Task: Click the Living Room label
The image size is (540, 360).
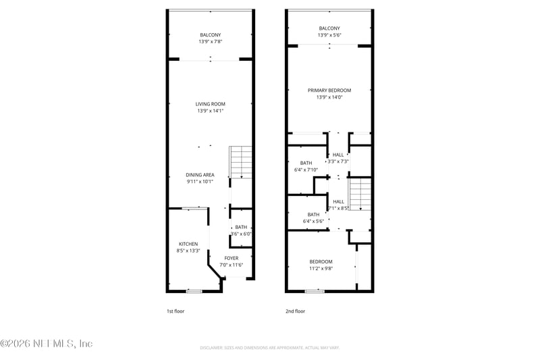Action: click(x=210, y=104)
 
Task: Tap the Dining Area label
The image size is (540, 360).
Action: click(x=200, y=175)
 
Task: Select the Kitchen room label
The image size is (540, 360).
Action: click(x=188, y=244)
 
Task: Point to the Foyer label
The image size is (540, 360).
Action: click(x=232, y=258)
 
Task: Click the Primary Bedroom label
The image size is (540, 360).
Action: click(x=329, y=91)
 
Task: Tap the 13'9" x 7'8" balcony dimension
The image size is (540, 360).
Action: click(x=210, y=42)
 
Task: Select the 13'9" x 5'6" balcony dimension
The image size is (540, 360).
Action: click(x=329, y=35)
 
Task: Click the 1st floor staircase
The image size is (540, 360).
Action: click(x=241, y=162)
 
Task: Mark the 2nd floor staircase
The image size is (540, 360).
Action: click(x=360, y=194)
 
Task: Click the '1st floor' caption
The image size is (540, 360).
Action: click(x=175, y=311)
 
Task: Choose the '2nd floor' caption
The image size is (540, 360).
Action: click(x=295, y=311)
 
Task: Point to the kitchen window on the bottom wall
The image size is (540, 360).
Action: click(x=194, y=291)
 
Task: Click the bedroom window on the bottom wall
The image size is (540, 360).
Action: click(x=314, y=291)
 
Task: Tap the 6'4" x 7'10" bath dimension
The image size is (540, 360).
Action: click(x=306, y=170)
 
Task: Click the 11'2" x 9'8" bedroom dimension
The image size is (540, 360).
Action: click(x=321, y=268)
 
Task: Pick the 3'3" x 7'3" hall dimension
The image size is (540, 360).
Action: click(x=338, y=161)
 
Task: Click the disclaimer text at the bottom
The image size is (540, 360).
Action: click(x=269, y=348)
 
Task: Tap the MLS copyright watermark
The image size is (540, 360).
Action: click(x=46, y=343)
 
